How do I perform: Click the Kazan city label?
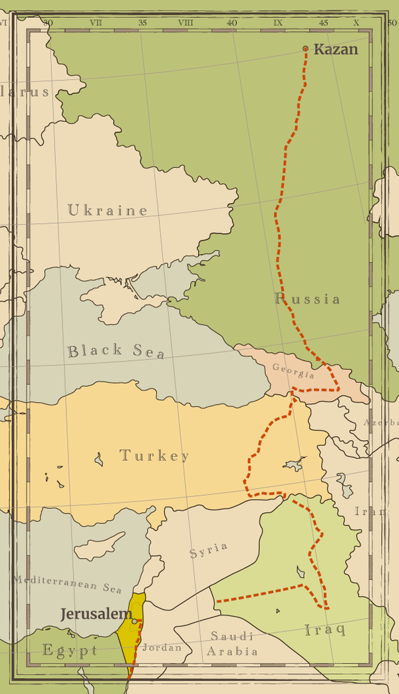coord(335,49)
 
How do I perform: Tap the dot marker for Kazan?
coord(305,49)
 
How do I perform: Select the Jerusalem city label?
coord(96,614)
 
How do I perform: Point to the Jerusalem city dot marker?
coord(134,621)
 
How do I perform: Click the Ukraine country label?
coord(108,210)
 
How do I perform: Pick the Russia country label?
coord(308,298)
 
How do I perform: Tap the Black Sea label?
coord(116,351)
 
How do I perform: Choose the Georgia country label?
coord(293,370)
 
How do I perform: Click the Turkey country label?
coord(154,456)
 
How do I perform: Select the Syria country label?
coord(209,550)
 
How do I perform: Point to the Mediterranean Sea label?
coord(67,584)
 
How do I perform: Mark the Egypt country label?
coord(70,651)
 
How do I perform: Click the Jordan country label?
coord(162,647)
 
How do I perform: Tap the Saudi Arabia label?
coord(232,644)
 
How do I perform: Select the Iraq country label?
coord(325,629)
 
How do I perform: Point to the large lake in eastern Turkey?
coord(294,464)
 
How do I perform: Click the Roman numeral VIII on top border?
coord(186,23)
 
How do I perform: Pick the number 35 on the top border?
coord(142,23)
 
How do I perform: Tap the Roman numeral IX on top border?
coord(277,23)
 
